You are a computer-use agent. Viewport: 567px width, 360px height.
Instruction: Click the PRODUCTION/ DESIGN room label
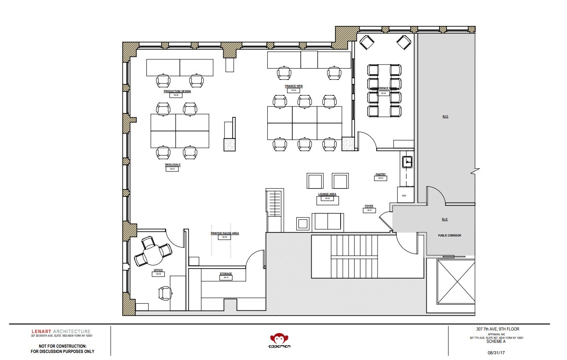click(177, 91)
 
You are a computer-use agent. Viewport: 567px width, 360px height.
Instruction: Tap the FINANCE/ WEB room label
click(294, 86)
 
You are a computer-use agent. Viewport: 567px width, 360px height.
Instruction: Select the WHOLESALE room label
click(172, 165)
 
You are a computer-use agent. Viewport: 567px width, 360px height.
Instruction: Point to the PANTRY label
click(380, 175)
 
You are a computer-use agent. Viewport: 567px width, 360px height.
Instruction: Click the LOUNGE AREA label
click(327, 194)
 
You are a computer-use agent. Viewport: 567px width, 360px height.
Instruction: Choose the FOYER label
click(368, 206)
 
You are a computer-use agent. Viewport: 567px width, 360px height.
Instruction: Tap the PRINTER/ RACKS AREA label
click(225, 233)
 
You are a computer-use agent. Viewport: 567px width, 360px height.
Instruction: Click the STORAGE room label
click(225, 274)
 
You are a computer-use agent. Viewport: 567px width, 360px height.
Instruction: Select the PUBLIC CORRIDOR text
click(449, 236)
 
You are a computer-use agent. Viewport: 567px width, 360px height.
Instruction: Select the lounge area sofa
click(327, 222)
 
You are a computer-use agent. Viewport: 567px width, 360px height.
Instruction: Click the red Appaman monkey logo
click(280, 340)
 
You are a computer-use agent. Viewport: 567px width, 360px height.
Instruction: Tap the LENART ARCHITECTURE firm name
click(61, 331)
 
